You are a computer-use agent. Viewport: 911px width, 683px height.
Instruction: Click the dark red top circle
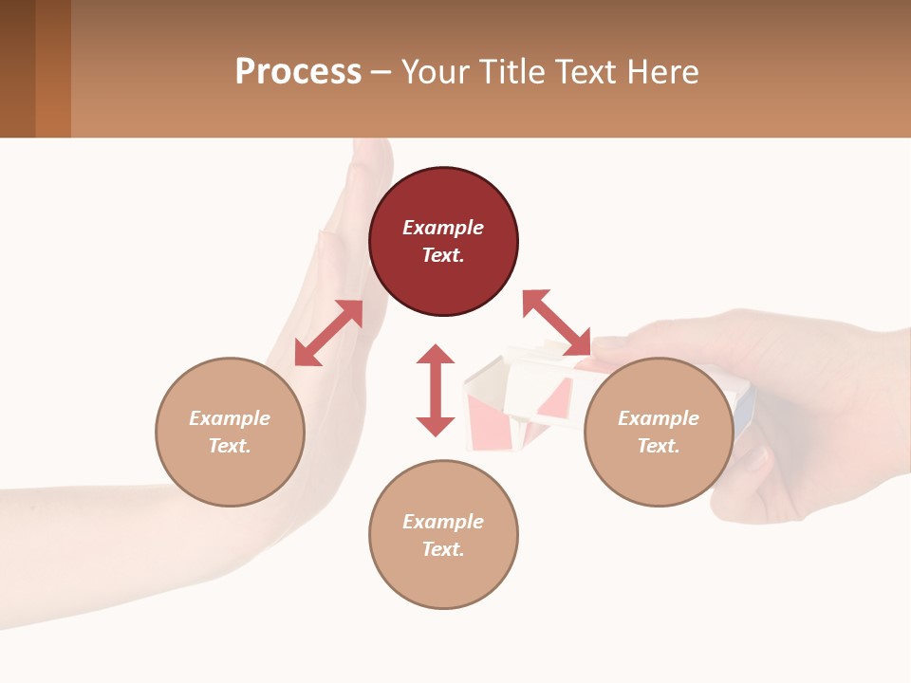(443, 242)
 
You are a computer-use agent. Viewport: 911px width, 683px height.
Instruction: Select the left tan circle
(230, 432)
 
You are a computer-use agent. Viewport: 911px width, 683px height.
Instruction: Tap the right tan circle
(659, 432)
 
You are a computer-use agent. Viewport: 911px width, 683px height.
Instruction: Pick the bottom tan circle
(443, 535)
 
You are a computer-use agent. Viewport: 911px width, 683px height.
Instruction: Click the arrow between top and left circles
(328, 333)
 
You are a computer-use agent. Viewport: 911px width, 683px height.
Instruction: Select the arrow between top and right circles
(556, 323)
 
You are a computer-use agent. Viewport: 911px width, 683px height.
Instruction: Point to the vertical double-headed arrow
(436, 390)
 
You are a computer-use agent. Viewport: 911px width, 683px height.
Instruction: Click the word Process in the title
(298, 72)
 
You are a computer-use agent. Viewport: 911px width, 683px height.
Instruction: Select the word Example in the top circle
(443, 228)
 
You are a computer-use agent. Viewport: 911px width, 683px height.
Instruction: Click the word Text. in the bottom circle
(443, 549)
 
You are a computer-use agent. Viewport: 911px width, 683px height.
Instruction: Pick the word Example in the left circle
(230, 418)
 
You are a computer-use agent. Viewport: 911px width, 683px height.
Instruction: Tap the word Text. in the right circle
(659, 446)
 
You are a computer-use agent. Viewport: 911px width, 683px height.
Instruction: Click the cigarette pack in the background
(517, 398)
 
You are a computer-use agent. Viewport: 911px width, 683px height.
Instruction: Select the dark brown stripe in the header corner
(17, 68)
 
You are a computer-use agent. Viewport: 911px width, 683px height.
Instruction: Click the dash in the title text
(381, 72)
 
